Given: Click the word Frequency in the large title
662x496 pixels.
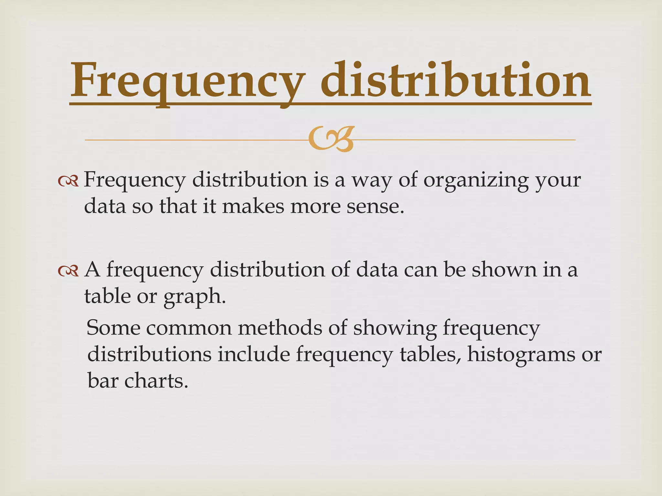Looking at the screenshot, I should tap(187, 81).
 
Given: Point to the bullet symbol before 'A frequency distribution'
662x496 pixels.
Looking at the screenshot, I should tap(68, 271).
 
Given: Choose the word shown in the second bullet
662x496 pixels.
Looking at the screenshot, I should tap(504, 270).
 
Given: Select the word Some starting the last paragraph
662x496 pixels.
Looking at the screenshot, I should tap(113, 328).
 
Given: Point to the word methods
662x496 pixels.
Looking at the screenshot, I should tap(280, 328).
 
